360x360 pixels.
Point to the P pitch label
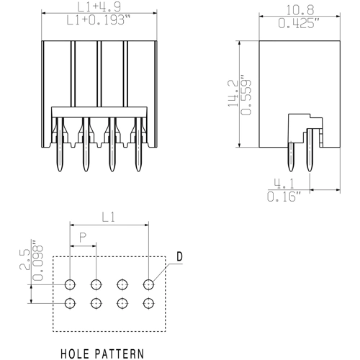pos(84,237)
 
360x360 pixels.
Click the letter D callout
pos(179,257)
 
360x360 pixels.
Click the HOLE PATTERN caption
pos(102,354)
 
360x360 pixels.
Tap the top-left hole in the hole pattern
pos(70,284)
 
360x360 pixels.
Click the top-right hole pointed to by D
pos(149,284)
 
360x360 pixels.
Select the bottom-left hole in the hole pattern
pos(70,303)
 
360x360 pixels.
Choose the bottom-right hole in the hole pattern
pos(149,303)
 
